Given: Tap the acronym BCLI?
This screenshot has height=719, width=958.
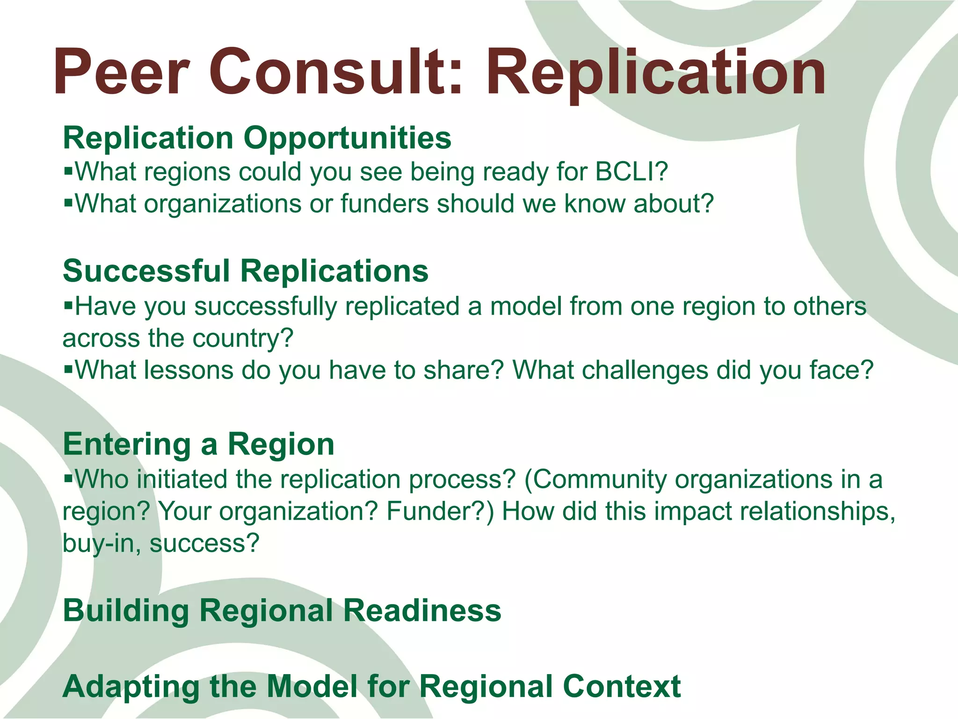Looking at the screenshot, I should coord(631,172).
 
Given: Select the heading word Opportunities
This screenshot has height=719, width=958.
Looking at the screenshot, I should coord(347,139).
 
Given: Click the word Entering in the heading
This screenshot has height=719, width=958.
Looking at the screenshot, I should coord(127,444).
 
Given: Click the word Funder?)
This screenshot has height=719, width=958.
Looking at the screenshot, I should coord(440,511).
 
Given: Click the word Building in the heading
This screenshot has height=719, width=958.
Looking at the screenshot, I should coord(126,610).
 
